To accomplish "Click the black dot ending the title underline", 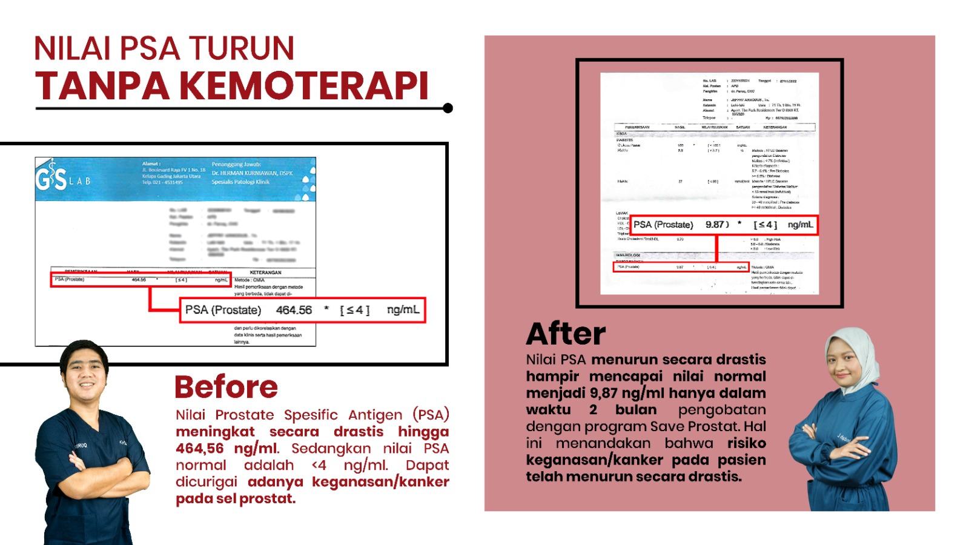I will click(448, 108).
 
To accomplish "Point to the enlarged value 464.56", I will click(294, 310).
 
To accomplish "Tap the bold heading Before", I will click(226, 387).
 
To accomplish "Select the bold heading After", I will click(566, 334).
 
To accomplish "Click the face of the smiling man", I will click(85, 369).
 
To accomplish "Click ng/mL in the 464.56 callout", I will click(403, 310).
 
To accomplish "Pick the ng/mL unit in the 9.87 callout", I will click(800, 225).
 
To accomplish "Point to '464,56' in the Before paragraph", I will click(200, 449).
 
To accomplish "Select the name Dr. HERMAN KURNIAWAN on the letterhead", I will click(252, 173).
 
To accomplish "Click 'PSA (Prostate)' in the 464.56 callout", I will click(223, 310).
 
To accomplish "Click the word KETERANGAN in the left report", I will click(265, 272).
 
